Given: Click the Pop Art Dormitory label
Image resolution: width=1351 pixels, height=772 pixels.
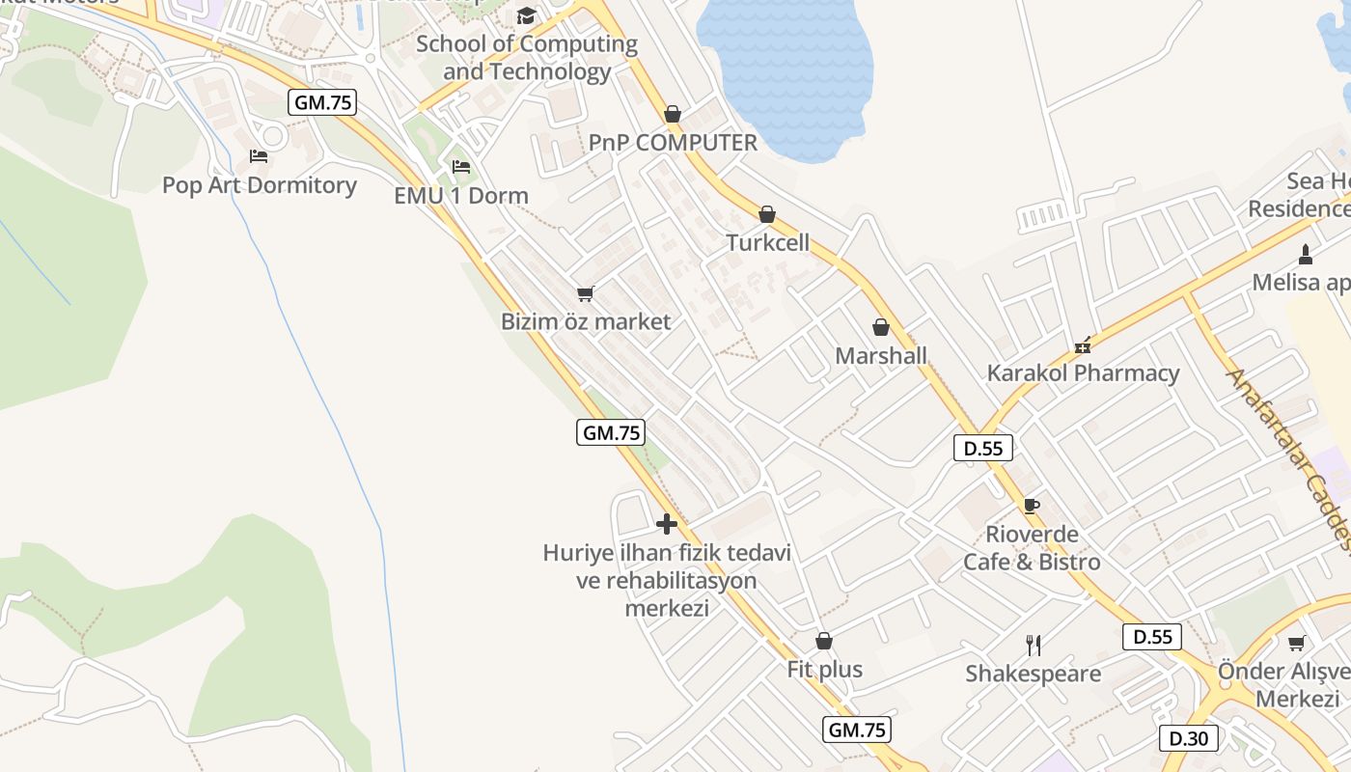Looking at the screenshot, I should point(259,185).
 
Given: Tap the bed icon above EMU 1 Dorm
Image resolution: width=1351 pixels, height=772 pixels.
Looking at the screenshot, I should point(460,167).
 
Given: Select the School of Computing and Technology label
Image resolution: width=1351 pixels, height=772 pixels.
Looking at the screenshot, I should point(527,58).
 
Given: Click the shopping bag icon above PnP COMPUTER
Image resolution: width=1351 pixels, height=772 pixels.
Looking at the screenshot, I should point(673,114).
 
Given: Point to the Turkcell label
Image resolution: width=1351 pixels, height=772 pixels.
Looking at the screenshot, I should point(768,242).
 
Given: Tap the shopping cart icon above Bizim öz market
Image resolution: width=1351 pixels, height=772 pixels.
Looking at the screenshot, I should point(585,293).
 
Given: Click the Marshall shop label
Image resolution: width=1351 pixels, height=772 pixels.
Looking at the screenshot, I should point(881,355).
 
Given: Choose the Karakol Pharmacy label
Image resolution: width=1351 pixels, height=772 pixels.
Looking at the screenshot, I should point(1083,373).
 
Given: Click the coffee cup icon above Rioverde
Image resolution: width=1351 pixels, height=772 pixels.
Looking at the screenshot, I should point(1032,506).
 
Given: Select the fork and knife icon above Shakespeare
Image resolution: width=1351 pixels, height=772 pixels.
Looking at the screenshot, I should point(1034,645).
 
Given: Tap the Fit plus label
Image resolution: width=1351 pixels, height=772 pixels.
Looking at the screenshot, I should point(825,670).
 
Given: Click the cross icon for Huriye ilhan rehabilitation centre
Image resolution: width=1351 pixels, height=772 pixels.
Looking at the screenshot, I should point(666,524).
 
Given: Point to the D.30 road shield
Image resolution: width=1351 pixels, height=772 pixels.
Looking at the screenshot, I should point(1188,738).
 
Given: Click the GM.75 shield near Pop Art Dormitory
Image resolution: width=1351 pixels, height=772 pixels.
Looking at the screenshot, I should point(322,102).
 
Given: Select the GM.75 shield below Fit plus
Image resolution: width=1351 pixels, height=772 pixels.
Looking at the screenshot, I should point(857,730).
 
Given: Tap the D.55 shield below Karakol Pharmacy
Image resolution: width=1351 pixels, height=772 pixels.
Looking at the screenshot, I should point(983,448).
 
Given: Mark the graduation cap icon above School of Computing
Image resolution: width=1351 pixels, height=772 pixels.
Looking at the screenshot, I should point(526,15).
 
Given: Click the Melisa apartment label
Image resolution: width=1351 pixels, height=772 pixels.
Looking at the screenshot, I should point(1302,283).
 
